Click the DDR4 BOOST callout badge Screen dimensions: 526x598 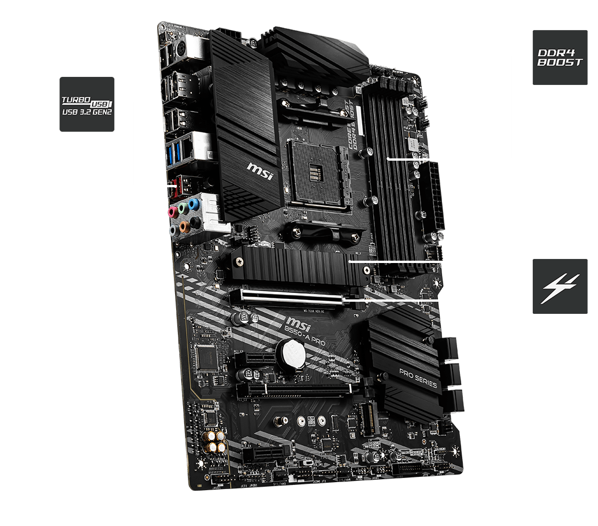coord(559,58)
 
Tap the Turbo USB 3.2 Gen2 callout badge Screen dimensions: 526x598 coord(87,104)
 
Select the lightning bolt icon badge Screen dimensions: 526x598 coord(559,287)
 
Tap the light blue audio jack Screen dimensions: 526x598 coord(194,204)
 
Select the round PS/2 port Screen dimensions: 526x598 coord(180,48)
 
